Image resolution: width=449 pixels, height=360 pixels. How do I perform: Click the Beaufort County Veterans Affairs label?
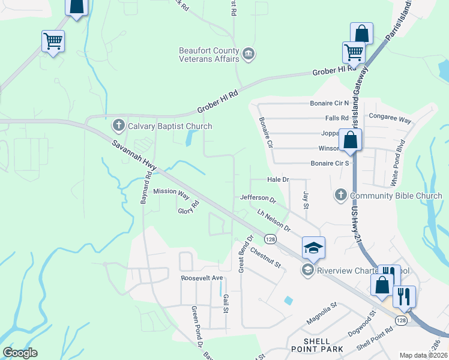(x=209, y=55)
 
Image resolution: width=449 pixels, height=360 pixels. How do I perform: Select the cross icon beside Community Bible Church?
(x=340, y=195)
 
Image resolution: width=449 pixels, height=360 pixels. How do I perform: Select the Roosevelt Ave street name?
(x=202, y=278)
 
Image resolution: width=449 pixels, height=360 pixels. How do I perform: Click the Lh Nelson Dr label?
(x=273, y=221)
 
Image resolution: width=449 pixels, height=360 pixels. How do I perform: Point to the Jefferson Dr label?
(x=257, y=198)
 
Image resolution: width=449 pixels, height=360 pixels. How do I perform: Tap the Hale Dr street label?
(x=278, y=179)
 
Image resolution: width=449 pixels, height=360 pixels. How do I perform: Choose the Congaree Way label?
(x=390, y=118)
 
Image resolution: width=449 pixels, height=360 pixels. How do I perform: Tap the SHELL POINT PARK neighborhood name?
(x=316, y=345)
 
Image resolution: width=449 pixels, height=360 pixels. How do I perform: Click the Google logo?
(x=20, y=353)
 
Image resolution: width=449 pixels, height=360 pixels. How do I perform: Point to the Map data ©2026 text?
(x=423, y=355)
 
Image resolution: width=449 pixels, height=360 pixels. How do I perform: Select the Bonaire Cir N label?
(x=330, y=103)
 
